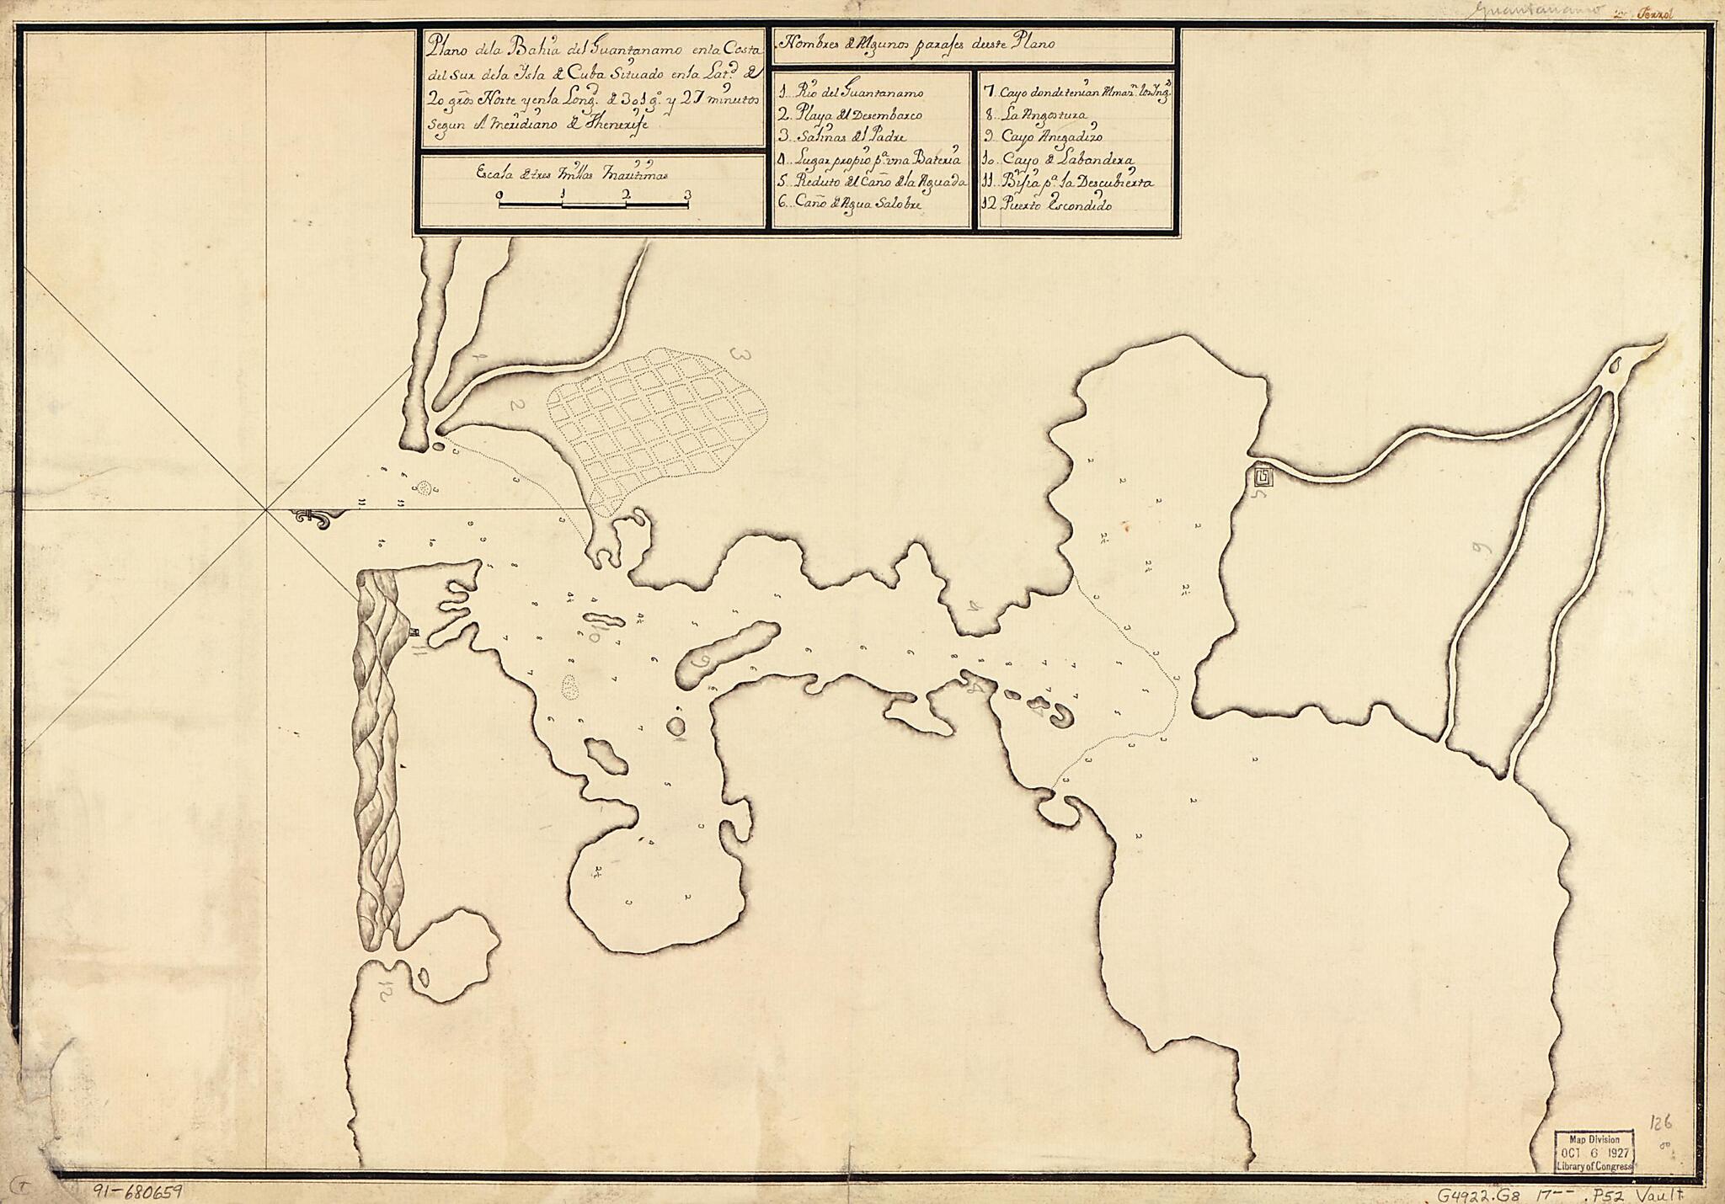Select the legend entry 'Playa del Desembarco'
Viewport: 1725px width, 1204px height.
click(851, 115)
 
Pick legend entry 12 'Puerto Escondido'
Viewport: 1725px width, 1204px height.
click(1048, 205)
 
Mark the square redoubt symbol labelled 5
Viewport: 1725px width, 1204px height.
click(1263, 477)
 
